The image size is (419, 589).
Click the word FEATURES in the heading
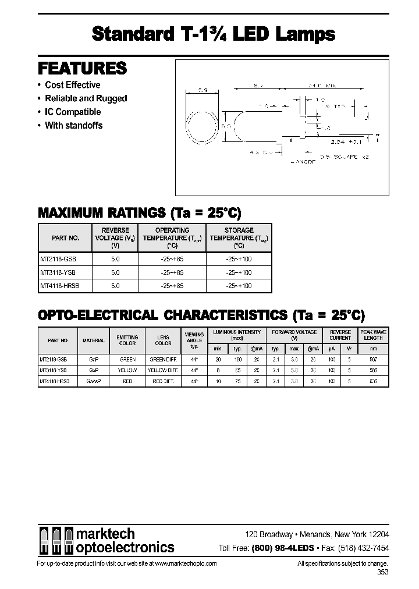(x=82, y=69)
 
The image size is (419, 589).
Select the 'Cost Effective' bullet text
(x=73, y=85)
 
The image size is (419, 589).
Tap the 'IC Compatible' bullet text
(x=73, y=112)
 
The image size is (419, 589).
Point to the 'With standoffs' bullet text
(x=73, y=125)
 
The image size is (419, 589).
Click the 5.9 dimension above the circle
(x=203, y=90)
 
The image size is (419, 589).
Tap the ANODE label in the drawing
(x=302, y=162)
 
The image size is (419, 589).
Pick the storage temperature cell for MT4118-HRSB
(x=239, y=286)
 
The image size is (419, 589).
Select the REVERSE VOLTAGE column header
(x=115, y=237)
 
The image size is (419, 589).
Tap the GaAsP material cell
(x=94, y=381)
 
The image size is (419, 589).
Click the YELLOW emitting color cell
(x=127, y=370)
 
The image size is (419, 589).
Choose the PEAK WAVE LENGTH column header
(x=373, y=335)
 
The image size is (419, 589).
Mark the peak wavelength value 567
(x=373, y=360)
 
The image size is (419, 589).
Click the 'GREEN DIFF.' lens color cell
(x=164, y=360)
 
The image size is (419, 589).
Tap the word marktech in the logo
(x=106, y=534)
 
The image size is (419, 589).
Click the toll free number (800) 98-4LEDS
(x=282, y=548)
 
